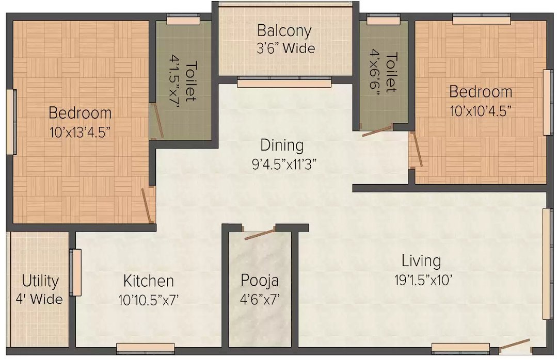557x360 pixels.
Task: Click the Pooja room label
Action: (260, 281)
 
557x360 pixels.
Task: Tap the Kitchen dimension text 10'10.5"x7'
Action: (148, 299)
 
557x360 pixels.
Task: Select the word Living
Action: (421, 261)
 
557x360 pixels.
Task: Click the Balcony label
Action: (284, 31)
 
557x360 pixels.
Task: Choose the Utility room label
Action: (40, 281)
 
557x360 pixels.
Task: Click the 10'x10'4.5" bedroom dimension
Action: (481, 110)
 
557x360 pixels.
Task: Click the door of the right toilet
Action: (377, 130)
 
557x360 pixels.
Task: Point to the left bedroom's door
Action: (148, 205)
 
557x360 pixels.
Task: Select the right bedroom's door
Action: (417, 150)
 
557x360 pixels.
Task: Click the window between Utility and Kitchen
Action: (75, 272)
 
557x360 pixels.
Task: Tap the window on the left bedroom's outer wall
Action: (11, 122)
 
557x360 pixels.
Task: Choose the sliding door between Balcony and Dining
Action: (284, 83)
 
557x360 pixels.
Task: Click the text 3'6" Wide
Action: (286, 49)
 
